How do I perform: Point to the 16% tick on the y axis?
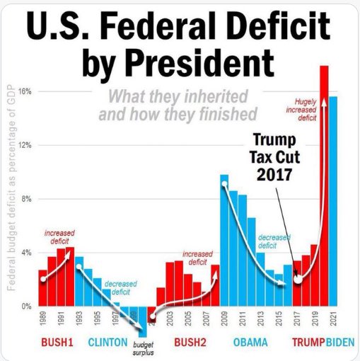[23, 92]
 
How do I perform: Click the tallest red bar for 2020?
[324, 184]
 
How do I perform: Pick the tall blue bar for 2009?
[224, 241]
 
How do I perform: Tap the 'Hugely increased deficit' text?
[306, 110]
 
